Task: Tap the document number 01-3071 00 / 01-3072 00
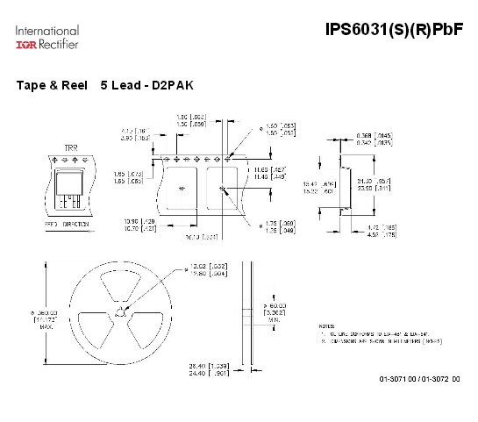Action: coord(419,378)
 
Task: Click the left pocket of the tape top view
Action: coord(182,188)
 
